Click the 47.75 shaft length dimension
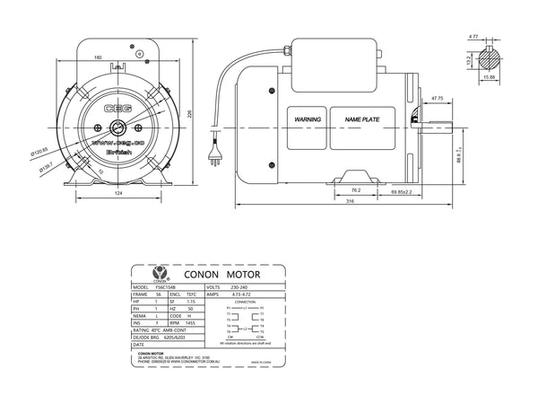(438, 97)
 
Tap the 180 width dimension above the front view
(110, 57)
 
